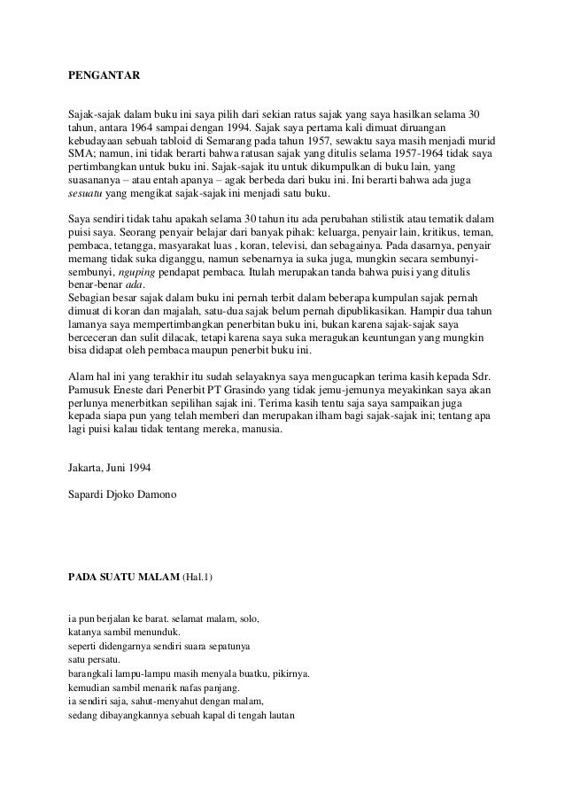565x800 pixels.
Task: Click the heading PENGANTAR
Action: pyautogui.click(x=104, y=77)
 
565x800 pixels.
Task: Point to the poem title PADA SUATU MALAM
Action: pyautogui.click(x=123, y=579)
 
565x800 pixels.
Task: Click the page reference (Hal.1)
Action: pyautogui.click(x=197, y=579)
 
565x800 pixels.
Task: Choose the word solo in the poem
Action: pyautogui.click(x=246, y=617)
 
